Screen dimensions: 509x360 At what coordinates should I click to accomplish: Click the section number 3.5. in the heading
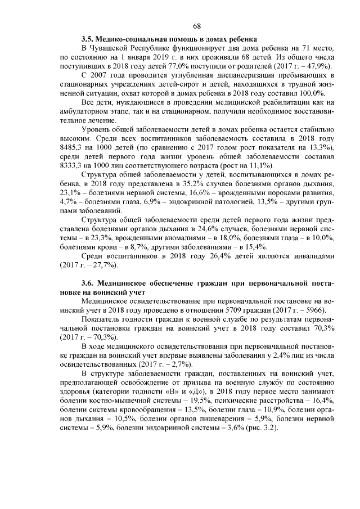88,39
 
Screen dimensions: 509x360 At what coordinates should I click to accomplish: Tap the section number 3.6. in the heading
88,281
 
